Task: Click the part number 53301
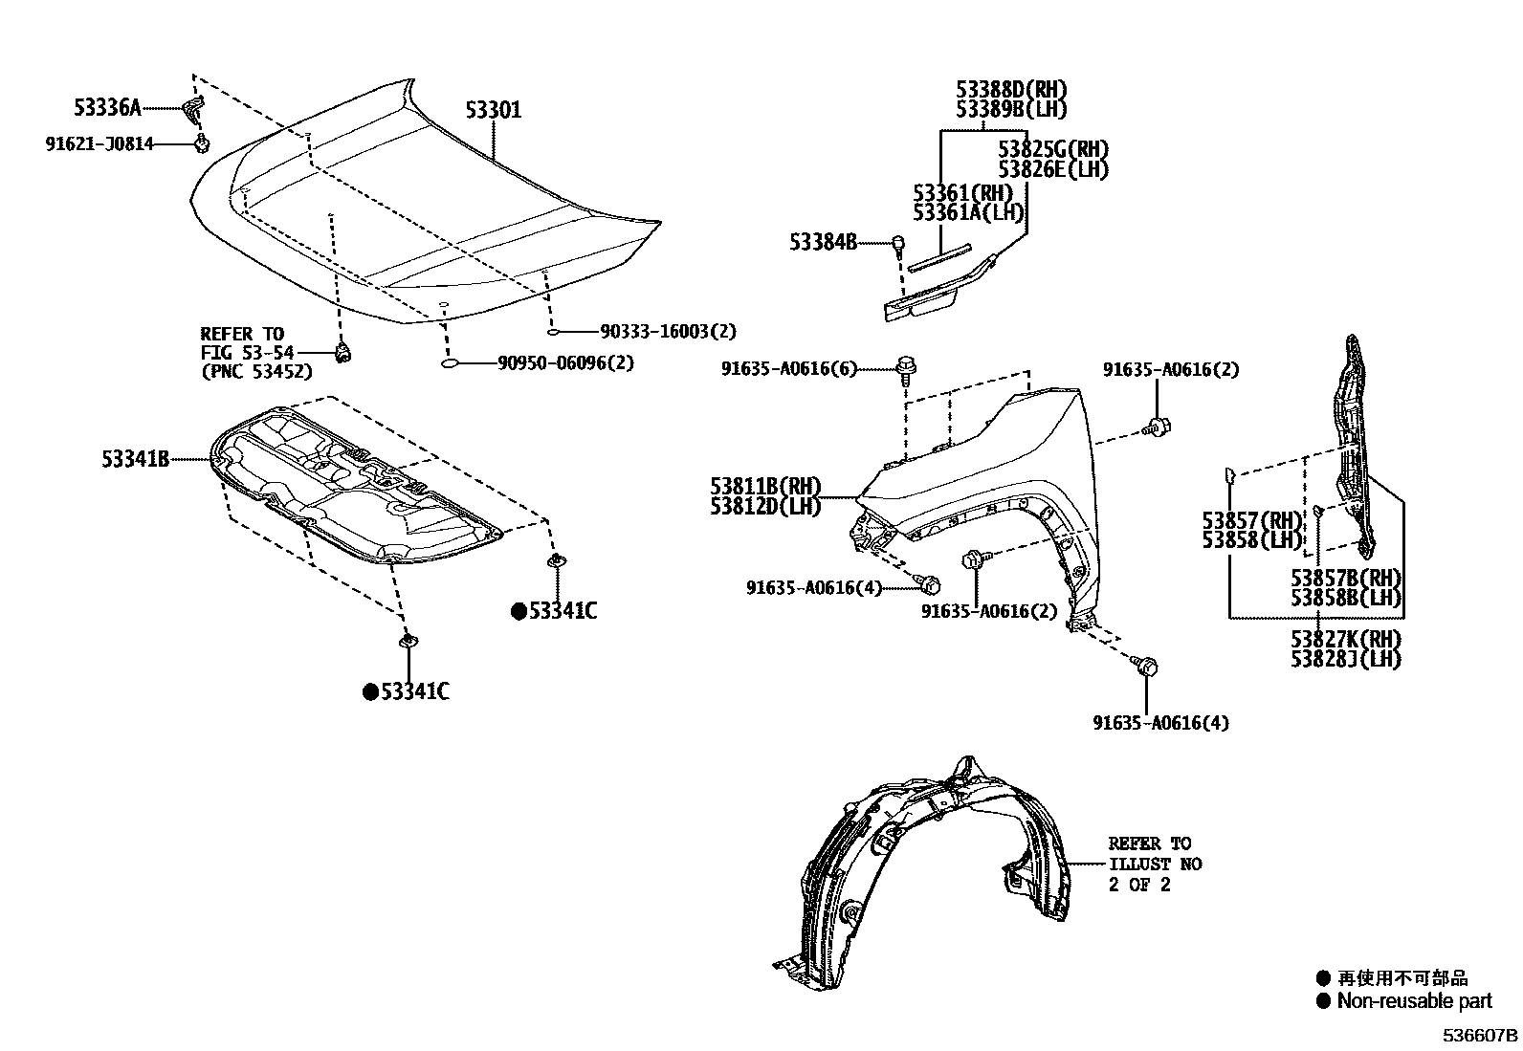tap(494, 110)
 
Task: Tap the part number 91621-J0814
tap(99, 144)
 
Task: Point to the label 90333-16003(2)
tap(669, 331)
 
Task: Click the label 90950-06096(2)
tap(565, 363)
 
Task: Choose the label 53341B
tap(135, 460)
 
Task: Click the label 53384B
tap(823, 243)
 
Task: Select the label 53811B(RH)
tap(765, 487)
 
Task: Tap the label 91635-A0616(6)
tap(789, 369)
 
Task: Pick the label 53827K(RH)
tap(1345, 638)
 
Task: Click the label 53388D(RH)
tap(1011, 89)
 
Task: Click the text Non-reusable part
tap(1414, 1001)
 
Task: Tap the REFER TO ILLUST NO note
tap(1154, 864)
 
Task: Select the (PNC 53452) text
tap(256, 372)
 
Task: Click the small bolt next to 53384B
tap(898, 244)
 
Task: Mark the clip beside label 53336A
tap(194, 109)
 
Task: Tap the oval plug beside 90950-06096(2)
tap(453, 364)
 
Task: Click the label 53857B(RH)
tap(1345, 578)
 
